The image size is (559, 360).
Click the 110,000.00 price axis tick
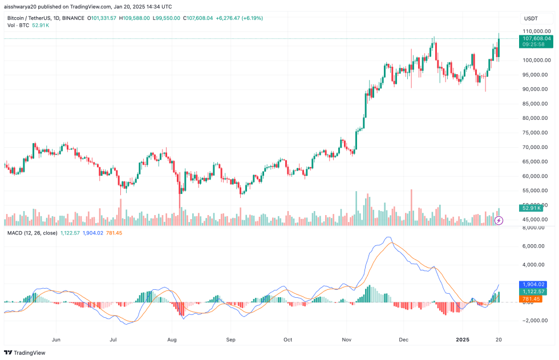click(536, 31)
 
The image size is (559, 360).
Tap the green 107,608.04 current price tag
click(536, 39)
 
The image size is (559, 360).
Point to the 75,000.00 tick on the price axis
click(536, 132)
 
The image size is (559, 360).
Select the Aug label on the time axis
click(172, 339)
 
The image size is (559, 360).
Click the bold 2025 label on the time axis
click(464, 339)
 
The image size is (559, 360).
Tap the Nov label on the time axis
click(346, 339)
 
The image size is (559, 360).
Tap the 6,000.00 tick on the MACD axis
click(536, 246)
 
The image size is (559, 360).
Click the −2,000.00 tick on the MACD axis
click(536, 321)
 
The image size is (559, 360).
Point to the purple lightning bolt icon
click(499, 220)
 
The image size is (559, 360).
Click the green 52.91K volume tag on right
click(532, 208)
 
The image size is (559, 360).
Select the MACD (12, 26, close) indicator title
click(31, 233)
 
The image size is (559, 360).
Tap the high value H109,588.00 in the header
click(134, 18)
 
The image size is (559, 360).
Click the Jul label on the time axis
click(114, 339)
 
